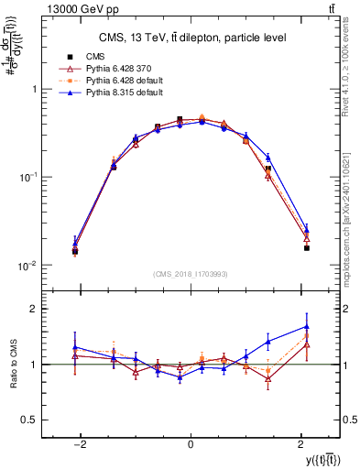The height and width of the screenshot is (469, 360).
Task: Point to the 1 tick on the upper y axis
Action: (36, 89)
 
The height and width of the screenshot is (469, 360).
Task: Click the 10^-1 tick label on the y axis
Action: (30, 177)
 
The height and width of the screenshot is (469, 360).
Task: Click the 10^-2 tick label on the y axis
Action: (30, 266)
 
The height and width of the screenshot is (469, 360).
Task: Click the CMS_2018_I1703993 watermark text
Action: (191, 274)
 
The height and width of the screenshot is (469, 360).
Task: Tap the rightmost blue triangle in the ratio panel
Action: (306, 327)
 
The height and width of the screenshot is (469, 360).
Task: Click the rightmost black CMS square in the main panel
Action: (306, 247)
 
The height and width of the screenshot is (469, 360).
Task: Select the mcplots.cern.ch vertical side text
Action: (351, 183)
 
